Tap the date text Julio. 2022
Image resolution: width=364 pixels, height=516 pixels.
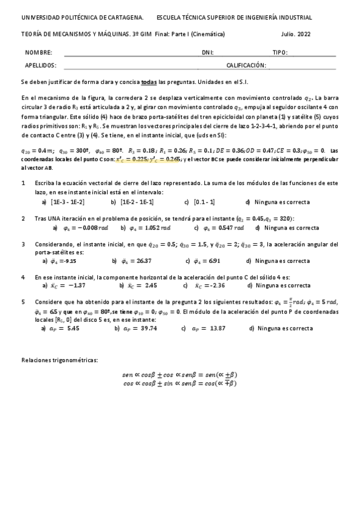[x=296, y=35]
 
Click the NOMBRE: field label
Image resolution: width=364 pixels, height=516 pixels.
[x=39, y=53]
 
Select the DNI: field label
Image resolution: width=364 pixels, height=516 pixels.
[x=207, y=53]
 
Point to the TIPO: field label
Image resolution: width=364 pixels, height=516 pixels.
[x=280, y=53]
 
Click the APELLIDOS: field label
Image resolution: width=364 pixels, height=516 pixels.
[x=41, y=64]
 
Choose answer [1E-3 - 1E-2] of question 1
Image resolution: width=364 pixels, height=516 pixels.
[x=68, y=202]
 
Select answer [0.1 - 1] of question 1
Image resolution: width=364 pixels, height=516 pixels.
[x=203, y=202]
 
